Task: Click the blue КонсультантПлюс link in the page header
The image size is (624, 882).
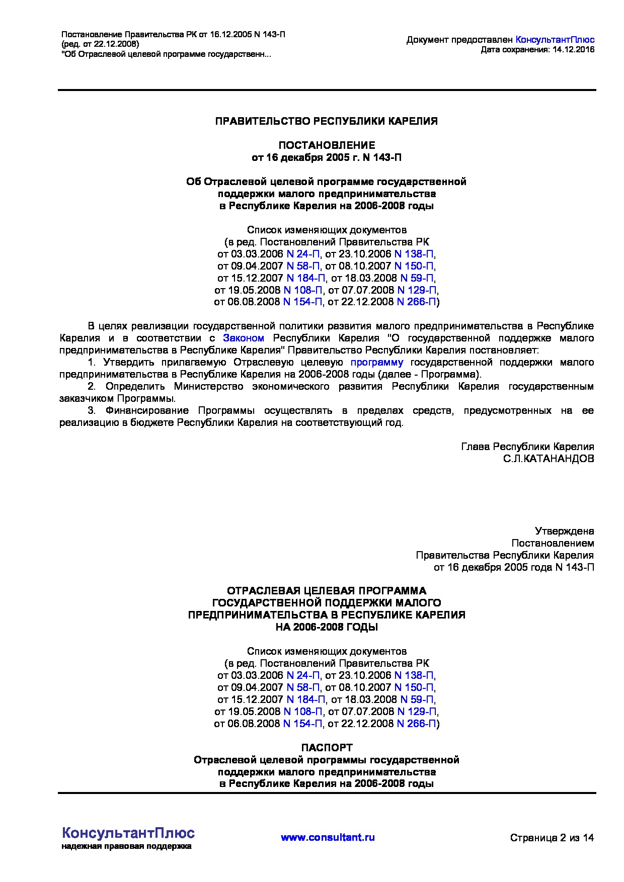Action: pyautogui.click(x=555, y=39)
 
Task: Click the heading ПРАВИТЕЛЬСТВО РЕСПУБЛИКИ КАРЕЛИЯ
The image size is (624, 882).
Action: pyautogui.click(x=326, y=121)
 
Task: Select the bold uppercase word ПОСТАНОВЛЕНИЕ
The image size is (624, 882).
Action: pyautogui.click(x=327, y=146)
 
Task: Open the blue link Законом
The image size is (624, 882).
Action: pyautogui.click(x=244, y=338)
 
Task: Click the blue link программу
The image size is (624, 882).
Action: pyautogui.click(x=377, y=362)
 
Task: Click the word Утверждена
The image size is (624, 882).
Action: pyautogui.click(x=564, y=531)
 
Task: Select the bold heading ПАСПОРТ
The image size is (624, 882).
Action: pyautogui.click(x=327, y=747)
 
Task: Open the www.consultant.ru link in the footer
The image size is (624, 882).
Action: pyautogui.click(x=328, y=838)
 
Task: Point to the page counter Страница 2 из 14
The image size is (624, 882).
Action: pyautogui.click(x=552, y=838)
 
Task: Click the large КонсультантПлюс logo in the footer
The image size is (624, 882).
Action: pyautogui.click(x=128, y=833)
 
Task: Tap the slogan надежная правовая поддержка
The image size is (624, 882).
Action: pyautogui.click(x=126, y=847)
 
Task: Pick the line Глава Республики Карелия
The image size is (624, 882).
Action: pyautogui.click(x=527, y=447)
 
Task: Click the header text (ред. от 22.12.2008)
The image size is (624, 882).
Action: pyautogui.click(x=100, y=44)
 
